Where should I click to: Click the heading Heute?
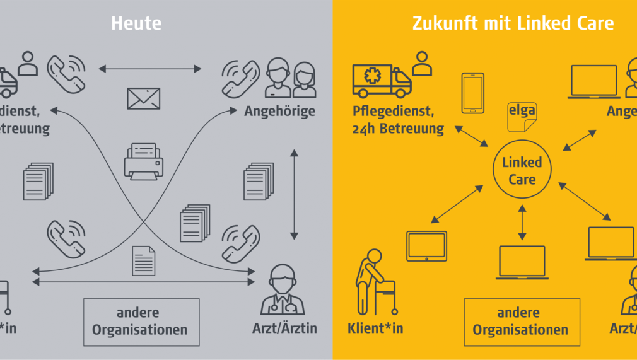(x=136, y=24)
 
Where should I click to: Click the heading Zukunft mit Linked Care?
(x=512, y=24)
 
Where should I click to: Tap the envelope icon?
(x=143, y=98)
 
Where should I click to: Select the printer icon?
(x=143, y=161)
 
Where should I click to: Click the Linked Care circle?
(x=522, y=170)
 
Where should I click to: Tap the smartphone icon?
(x=472, y=93)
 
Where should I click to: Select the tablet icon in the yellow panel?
(x=426, y=246)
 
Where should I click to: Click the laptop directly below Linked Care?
(x=522, y=262)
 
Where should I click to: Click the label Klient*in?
(x=375, y=328)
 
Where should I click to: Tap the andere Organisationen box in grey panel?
(x=141, y=322)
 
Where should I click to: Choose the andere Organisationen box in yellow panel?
(x=521, y=322)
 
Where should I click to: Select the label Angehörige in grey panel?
(x=280, y=112)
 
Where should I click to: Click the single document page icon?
(x=143, y=260)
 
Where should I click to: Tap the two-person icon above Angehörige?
(x=290, y=78)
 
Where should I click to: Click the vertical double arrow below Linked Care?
(x=522, y=222)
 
